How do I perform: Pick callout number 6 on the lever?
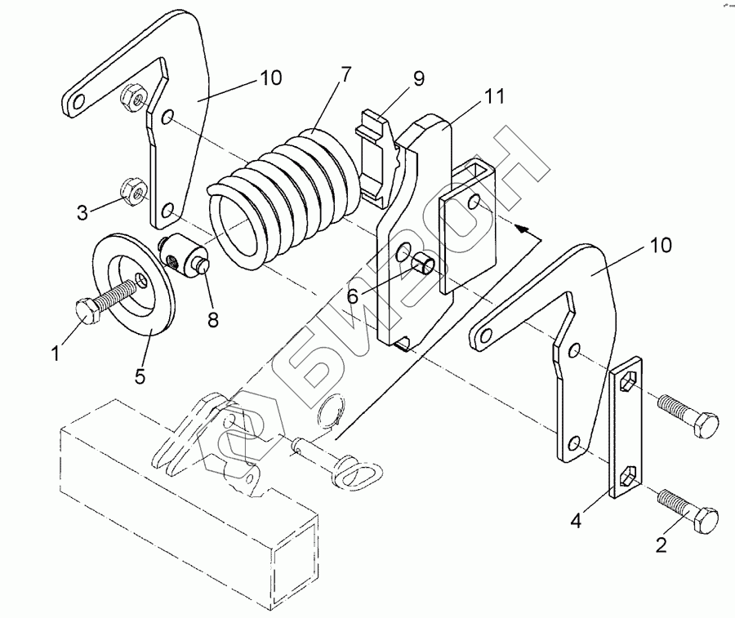(353, 296)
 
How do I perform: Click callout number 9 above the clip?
(418, 79)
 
